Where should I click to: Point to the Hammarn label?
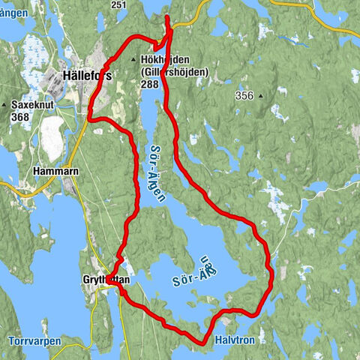(x=52, y=171)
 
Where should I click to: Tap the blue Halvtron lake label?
(x=235, y=340)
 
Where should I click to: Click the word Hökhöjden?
(x=163, y=61)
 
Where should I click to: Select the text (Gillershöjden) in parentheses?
(x=172, y=73)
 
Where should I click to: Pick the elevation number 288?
(x=150, y=85)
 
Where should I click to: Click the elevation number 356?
(x=244, y=95)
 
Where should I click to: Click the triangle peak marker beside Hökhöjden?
(x=133, y=61)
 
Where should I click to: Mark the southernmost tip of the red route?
(x=203, y=343)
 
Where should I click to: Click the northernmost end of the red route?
(x=166, y=16)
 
